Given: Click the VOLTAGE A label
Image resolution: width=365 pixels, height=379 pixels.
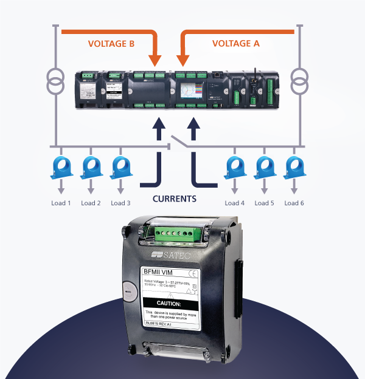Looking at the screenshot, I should (235, 44).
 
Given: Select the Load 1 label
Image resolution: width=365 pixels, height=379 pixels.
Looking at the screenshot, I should (61, 203).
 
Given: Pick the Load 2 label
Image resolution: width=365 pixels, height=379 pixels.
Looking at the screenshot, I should (91, 203).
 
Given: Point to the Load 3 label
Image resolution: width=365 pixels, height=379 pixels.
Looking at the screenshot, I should (120, 203).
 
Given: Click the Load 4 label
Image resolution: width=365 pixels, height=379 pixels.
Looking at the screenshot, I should (234, 203).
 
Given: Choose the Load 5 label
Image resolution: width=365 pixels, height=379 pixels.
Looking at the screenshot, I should (264, 203).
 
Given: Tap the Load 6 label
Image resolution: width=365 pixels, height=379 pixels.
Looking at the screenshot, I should (294, 203).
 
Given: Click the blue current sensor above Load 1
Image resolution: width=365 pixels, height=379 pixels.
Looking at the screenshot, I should (61, 166).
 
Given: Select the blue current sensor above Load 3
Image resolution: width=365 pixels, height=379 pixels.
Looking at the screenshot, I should (120, 166).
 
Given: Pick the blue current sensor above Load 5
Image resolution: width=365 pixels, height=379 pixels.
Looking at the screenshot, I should (264, 166).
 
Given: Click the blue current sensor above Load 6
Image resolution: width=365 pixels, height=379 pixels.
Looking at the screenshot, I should (294, 166).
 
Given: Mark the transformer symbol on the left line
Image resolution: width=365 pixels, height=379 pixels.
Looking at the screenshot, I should (57, 82).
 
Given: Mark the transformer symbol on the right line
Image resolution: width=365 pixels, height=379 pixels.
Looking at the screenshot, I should (299, 82).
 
